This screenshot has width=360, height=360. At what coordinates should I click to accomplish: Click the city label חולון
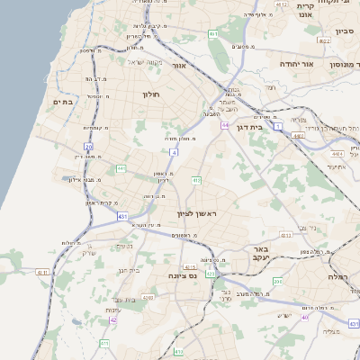150,93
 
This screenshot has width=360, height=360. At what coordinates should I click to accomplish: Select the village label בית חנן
130,269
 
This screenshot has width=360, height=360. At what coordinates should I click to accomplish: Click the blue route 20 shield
88,146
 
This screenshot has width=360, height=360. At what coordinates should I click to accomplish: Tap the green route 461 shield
213,33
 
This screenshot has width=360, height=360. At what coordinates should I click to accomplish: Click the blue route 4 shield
174,152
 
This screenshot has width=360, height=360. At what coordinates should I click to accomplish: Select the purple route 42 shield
113,319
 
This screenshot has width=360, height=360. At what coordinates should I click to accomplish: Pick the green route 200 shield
278,282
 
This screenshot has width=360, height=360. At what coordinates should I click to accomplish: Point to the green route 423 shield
210,273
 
